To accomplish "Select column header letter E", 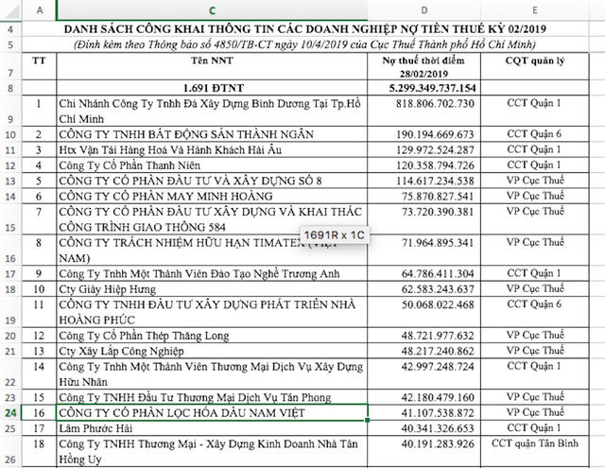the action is pos(541,10).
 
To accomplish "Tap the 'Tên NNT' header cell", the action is pos(211,62).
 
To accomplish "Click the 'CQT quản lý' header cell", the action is pos(541,62).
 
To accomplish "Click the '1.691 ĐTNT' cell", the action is pos(211,88).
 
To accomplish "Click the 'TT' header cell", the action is pos(38,62).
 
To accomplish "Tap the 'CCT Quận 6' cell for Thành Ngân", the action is pos(541,134).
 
